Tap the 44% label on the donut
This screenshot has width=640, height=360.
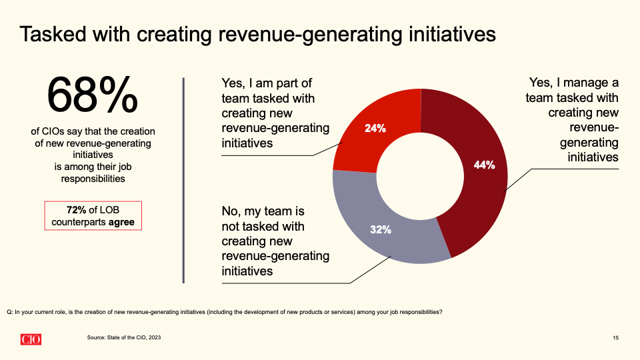[x=485, y=165]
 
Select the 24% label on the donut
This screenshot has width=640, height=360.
[x=375, y=128]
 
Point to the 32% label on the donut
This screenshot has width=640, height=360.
[x=380, y=230]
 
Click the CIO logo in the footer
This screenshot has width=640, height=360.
[x=31, y=339]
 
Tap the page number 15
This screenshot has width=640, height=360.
[x=615, y=339]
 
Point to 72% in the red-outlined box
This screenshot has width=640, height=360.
[x=77, y=209]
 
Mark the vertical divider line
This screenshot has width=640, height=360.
[x=183, y=180]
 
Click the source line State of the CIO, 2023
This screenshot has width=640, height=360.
[x=123, y=338]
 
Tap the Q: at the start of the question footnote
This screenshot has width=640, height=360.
[x=10, y=312]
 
